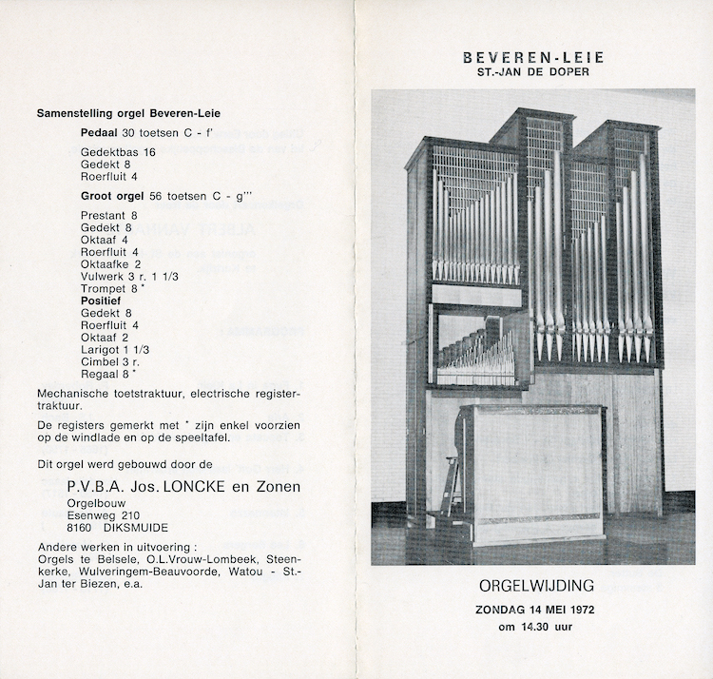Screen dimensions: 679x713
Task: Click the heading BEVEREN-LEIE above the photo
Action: pyautogui.click(x=533, y=57)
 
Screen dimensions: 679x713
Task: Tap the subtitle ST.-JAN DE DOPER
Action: pyautogui.click(x=533, y=72)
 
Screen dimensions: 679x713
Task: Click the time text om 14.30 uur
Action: pyautogui.click(x=533, y=626)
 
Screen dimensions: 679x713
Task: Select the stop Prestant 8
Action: pyautogui.click(x=109, y=215)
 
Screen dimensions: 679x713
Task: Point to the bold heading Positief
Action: pyautogui.click(x=104, y=300)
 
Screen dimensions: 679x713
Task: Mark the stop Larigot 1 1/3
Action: pyautogui.click(x=115, y=349)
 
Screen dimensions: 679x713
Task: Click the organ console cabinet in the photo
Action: pyautogui.click(x=532, y=471)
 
